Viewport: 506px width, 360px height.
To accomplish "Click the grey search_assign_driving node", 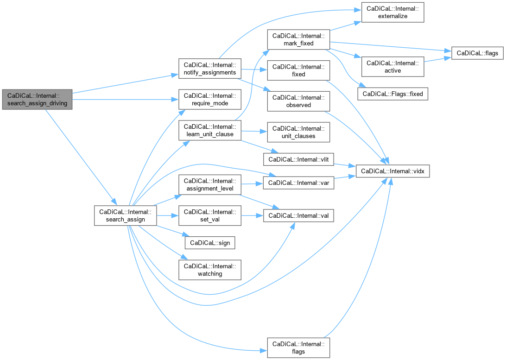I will (37, 99).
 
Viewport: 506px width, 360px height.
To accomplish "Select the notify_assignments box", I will (209, 68).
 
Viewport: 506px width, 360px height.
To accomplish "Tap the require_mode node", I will (209, 99).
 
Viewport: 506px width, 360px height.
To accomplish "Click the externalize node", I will (392, 13).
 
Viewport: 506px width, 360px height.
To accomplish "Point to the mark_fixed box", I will (298, 39).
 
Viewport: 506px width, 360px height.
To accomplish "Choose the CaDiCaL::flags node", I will (477, 53).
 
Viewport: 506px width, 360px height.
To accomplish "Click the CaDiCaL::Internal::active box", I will (392, 66).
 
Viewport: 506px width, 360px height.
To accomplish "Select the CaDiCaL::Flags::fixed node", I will (392, 94).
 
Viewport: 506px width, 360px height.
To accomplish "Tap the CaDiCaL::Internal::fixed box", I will (298, 70).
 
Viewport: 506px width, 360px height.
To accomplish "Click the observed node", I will (298, 101).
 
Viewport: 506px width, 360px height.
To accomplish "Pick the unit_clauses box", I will (298, 132).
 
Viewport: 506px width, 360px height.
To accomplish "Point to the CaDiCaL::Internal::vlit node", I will (298, 159).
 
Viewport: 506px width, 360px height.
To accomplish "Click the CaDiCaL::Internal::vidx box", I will (393, 171).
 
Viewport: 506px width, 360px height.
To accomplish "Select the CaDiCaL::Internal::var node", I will (298, 183).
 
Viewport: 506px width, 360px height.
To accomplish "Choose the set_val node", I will (209, 215).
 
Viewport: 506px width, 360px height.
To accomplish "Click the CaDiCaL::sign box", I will (209, 242).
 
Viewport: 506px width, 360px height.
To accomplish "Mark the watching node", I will (209, 270).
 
